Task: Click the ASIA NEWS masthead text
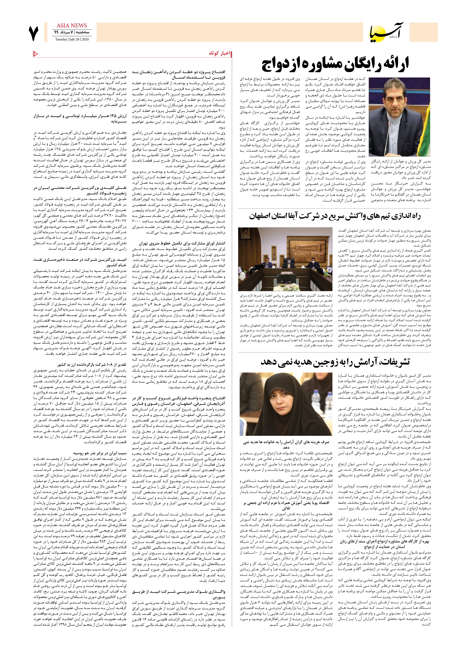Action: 72,26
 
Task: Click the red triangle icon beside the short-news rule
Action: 36,54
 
